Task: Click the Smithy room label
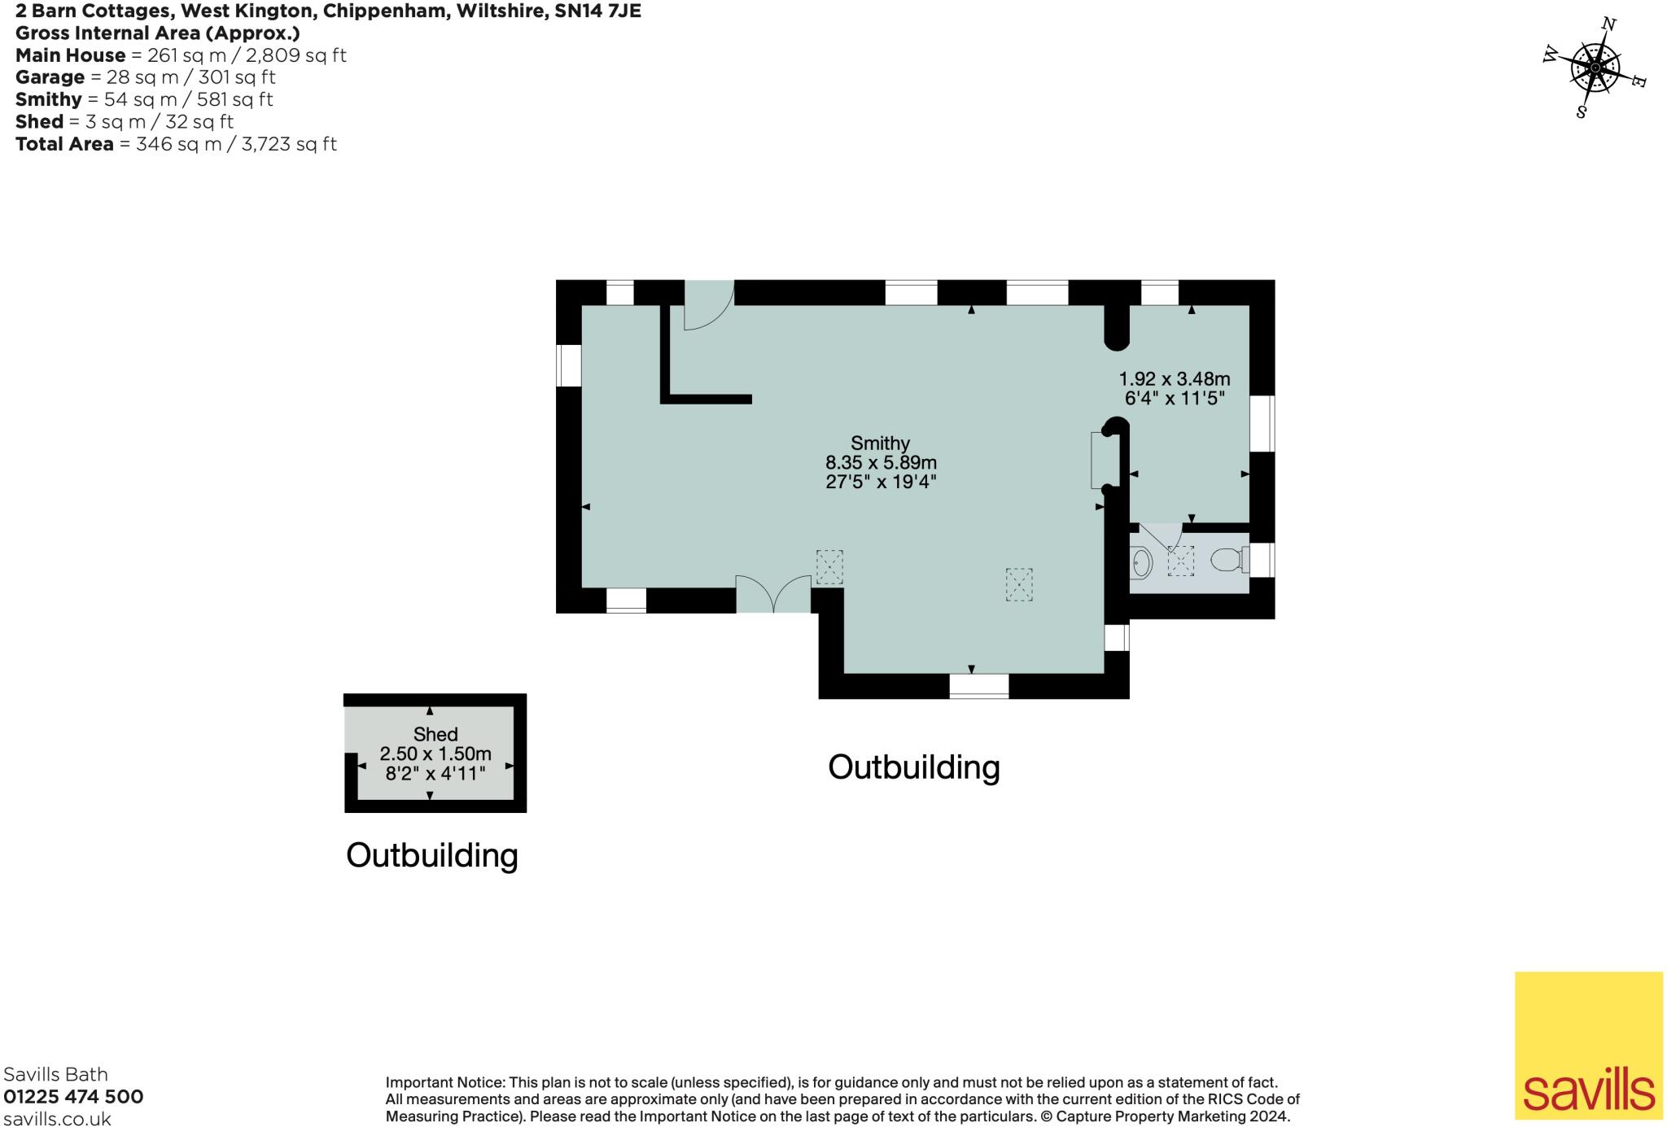879,443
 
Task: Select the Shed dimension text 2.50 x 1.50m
435,754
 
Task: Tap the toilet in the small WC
1227,560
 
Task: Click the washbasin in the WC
1141,562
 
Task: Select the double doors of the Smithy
773,594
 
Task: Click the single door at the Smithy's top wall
708,305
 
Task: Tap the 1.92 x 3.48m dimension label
1174,379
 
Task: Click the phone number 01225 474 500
73,1097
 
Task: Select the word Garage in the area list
50,77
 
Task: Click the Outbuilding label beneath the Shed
431,855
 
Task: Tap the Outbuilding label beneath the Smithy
913,767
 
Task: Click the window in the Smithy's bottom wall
978,686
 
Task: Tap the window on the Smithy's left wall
569,365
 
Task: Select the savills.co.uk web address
57,1119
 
